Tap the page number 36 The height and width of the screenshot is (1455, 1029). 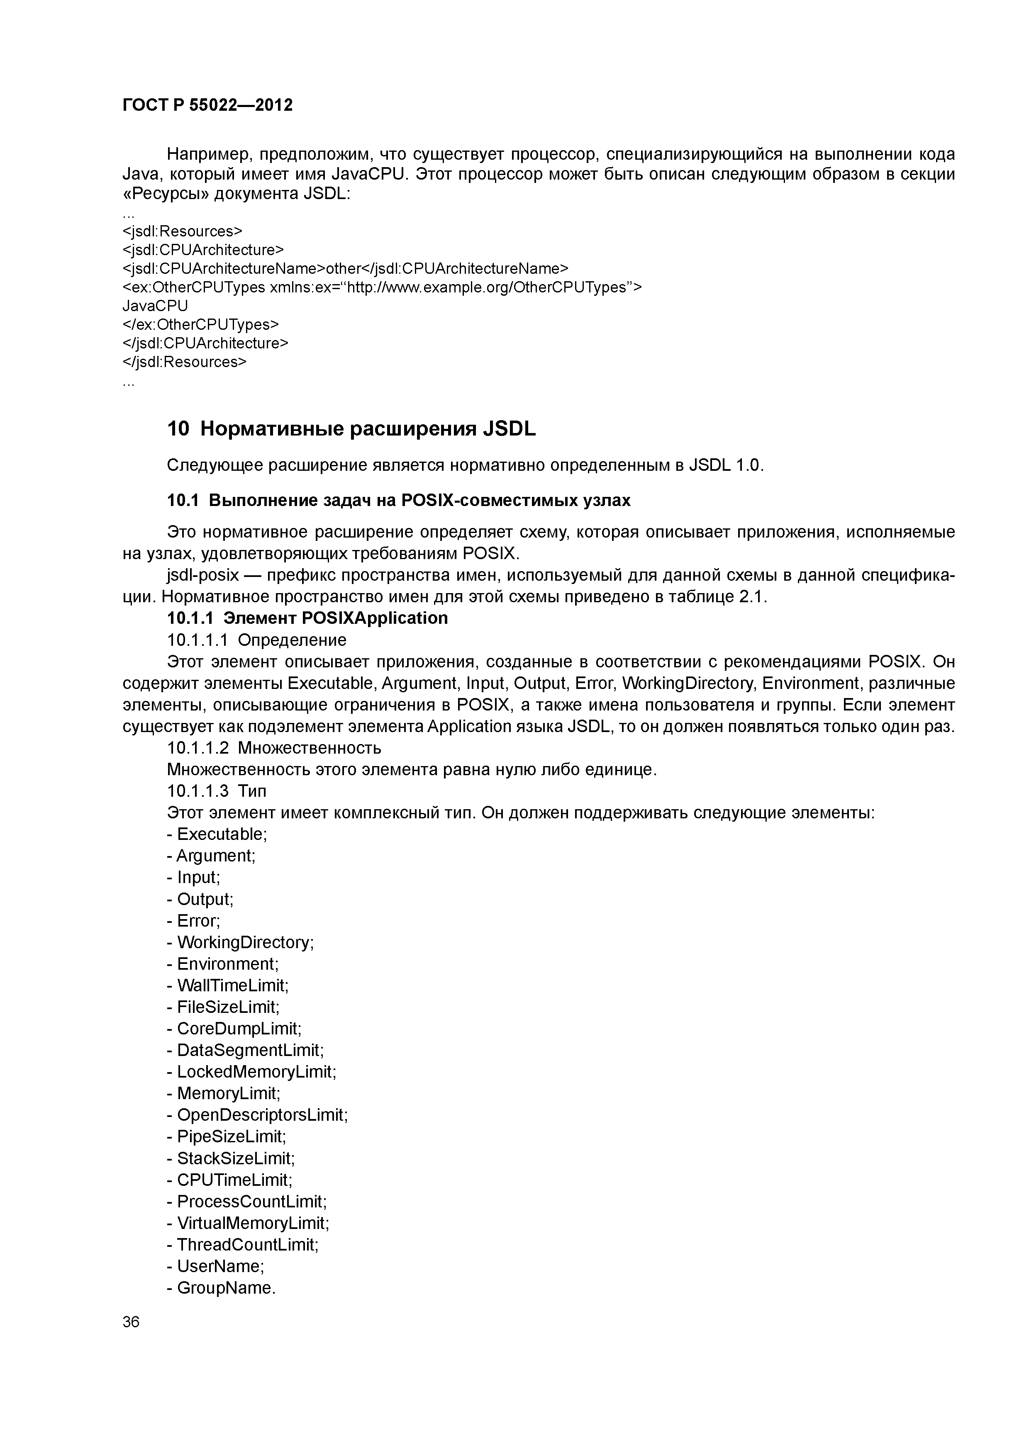point(131,1322)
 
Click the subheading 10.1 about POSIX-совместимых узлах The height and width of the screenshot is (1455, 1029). point(398,501)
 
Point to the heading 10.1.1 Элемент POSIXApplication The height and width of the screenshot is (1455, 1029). point(307,618)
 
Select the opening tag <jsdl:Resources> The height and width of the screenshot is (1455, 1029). point(182,231)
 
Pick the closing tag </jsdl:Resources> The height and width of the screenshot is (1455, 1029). point(184,362)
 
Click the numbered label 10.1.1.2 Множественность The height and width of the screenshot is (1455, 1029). point(274,748)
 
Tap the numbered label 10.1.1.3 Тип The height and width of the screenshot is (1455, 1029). point(217,791)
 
